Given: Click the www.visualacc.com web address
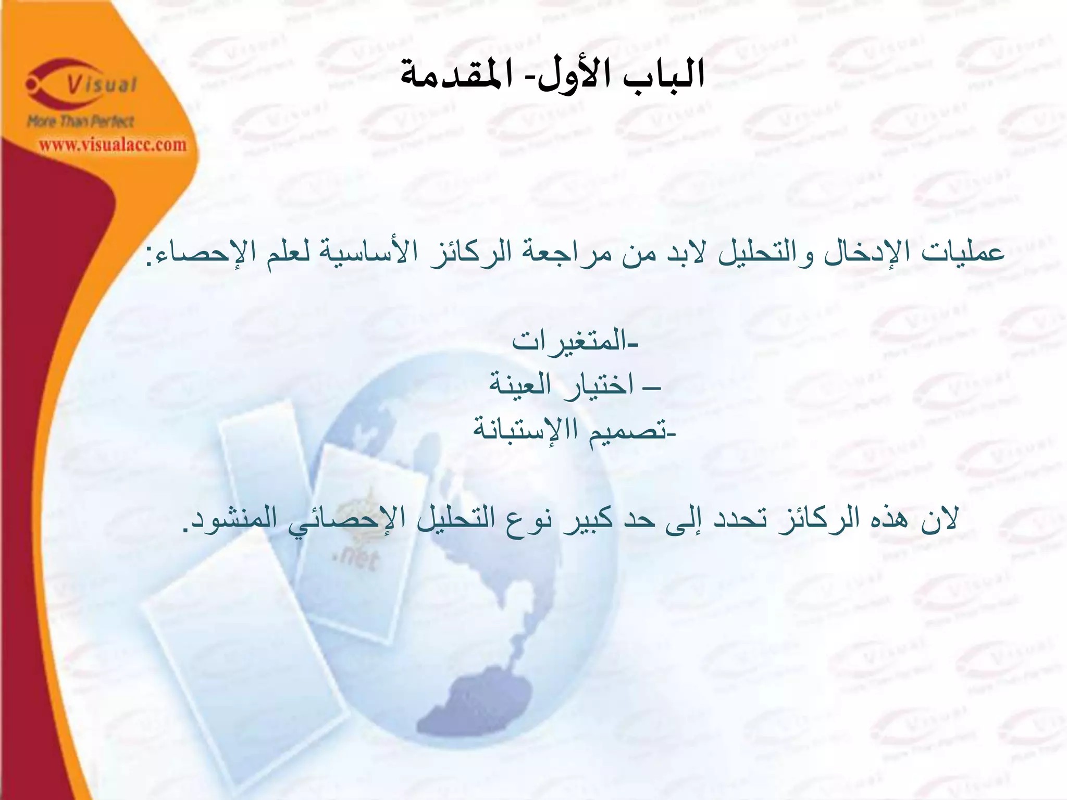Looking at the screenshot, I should click(113, 144).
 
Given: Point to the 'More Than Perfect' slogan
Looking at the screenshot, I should click(81, 122).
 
